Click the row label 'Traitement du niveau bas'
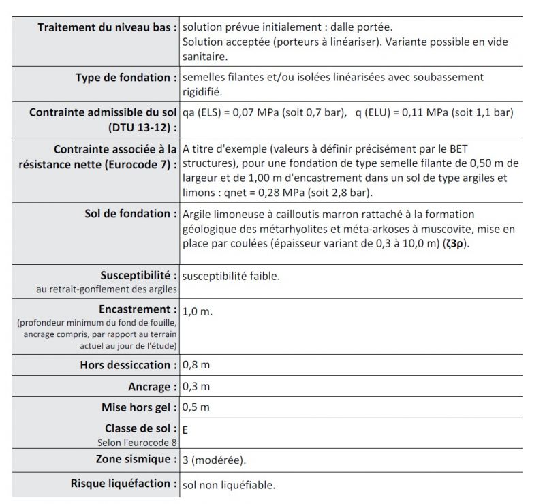tap(106, 27)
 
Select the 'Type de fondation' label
tap(125, 78)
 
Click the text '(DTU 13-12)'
tap(141, 127)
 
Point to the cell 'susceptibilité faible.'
tap(231, 276)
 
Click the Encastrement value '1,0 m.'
tap(198, 311)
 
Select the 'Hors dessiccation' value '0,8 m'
tap(196, 365)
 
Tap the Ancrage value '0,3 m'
tap(196, 387)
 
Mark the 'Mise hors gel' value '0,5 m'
tap(196, 408)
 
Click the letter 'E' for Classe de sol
tap(186, 430)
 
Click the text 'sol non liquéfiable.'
tap(229, 485)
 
